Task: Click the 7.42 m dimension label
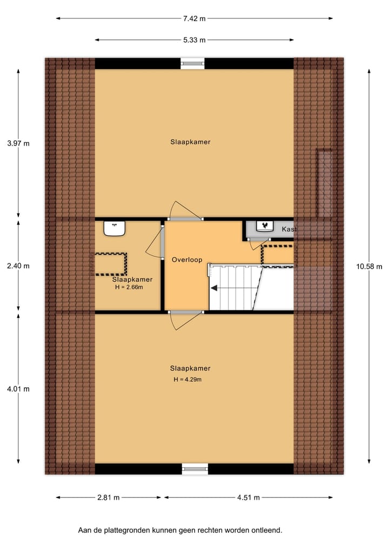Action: [194, 18]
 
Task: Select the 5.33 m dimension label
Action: [194, 40]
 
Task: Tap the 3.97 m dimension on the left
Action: [18, 143]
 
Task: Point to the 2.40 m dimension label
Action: [18, 266]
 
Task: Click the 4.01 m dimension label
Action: [18, 389]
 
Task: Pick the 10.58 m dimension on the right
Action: [369, 266]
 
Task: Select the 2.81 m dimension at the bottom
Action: [109, 498]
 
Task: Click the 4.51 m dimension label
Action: [249, 498]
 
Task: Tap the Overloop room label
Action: [186, 260]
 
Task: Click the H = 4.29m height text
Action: [187, 380]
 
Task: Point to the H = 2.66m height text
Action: [129, 287]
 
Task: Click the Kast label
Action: [289, 230]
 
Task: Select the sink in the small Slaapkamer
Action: [115, 229]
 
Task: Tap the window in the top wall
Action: [193, 63]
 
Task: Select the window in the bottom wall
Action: [194, 469]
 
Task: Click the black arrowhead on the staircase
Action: [214, 288]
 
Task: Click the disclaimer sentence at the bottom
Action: [180, 531]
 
